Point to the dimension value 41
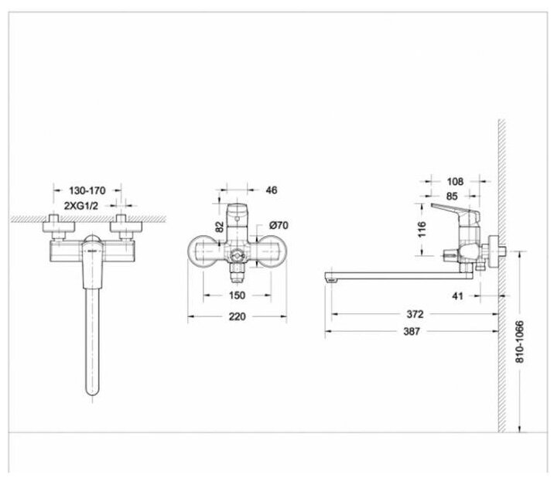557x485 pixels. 459,295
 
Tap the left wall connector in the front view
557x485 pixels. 57,226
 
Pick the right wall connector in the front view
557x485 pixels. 123,226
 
